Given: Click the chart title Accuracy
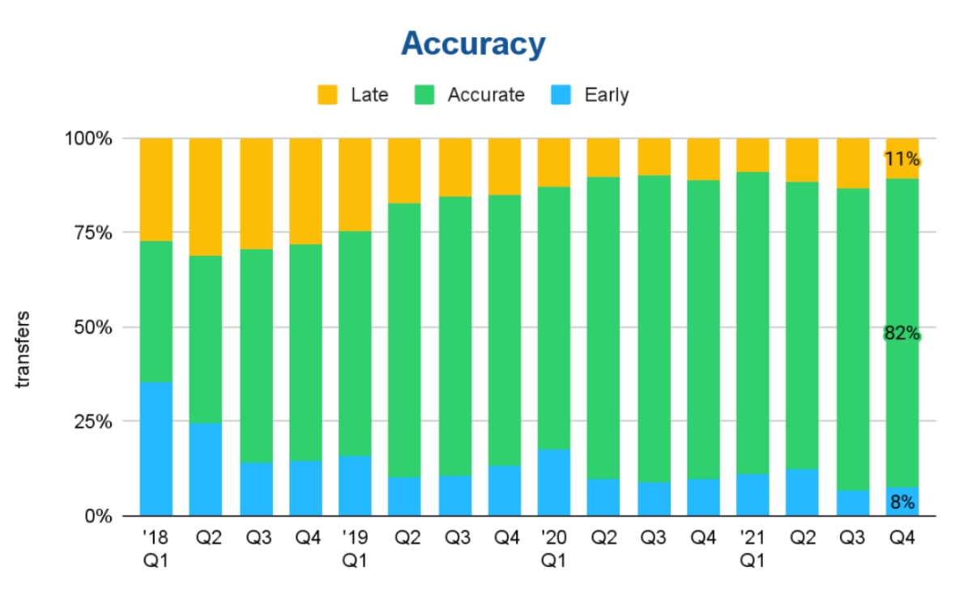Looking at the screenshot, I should (473, 44).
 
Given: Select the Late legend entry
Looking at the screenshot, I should (352, 95).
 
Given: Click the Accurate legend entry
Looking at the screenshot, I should (470, 95).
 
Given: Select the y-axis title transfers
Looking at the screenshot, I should (23, 348).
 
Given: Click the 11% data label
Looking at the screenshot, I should (902, 159).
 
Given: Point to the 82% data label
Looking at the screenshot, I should (902, 333).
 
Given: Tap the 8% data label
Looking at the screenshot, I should (902, 502).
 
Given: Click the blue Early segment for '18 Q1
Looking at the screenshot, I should (156, 449).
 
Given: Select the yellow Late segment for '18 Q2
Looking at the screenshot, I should (206, 197).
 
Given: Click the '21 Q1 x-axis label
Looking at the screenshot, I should (752, 548).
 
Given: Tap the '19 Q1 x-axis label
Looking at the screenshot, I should (355, 548).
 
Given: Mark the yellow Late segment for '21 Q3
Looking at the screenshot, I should (852, 163).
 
